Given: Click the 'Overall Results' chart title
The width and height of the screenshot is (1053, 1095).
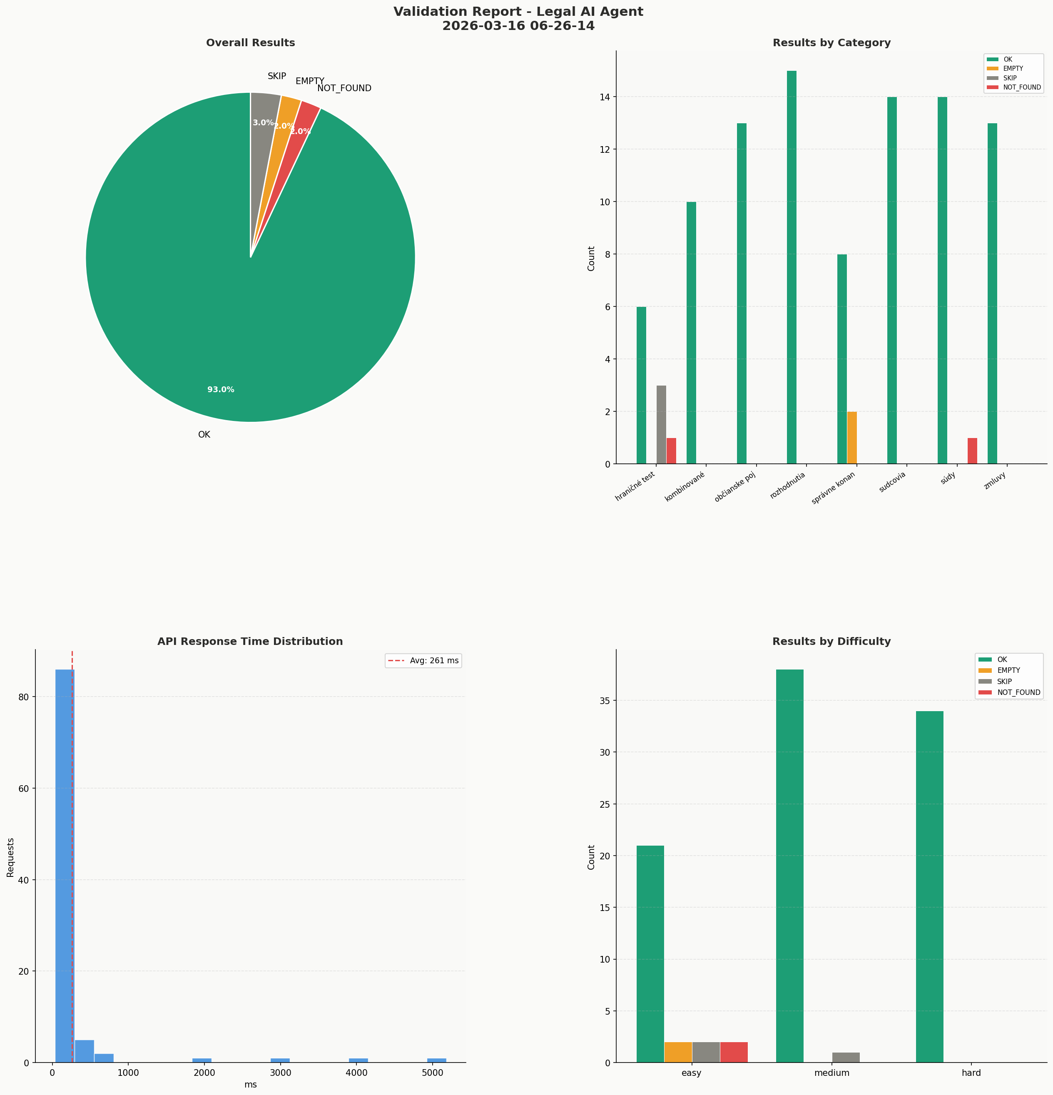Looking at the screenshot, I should pos(250,43).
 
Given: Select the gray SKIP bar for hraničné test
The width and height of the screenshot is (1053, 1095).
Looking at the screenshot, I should pos(661,425).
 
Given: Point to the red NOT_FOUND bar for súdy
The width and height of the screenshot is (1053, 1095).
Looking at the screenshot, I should pos(972,451).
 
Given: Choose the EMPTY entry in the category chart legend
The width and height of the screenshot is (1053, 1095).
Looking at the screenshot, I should pos(1013,69).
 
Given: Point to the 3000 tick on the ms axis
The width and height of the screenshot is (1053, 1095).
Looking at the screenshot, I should pos(280,1073).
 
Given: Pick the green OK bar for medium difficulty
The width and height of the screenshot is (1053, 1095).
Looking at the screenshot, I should pos(790,866).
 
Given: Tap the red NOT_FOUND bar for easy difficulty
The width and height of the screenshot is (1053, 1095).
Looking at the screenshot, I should pos(734,1052).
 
